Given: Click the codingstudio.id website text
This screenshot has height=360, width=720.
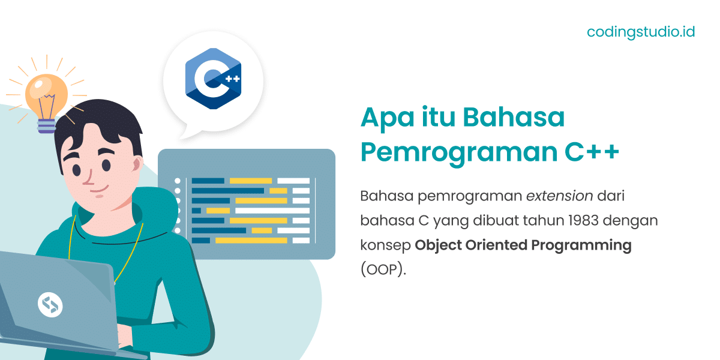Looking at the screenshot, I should point(640,32).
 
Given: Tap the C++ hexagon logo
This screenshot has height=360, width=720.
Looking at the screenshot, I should point(213,79).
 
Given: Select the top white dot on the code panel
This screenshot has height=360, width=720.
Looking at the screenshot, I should point(178,181).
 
